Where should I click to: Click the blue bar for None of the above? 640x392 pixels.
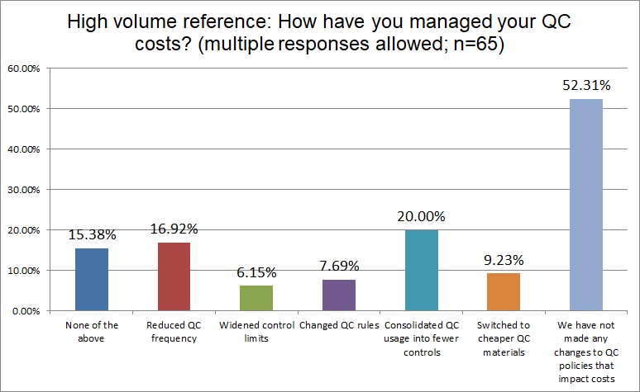(x=92, y=280)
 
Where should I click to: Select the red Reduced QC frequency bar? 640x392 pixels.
(x=174, y=276)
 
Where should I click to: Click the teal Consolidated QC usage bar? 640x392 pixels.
(x=420, y=270)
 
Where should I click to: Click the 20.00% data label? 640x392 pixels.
(x=420, y=216)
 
